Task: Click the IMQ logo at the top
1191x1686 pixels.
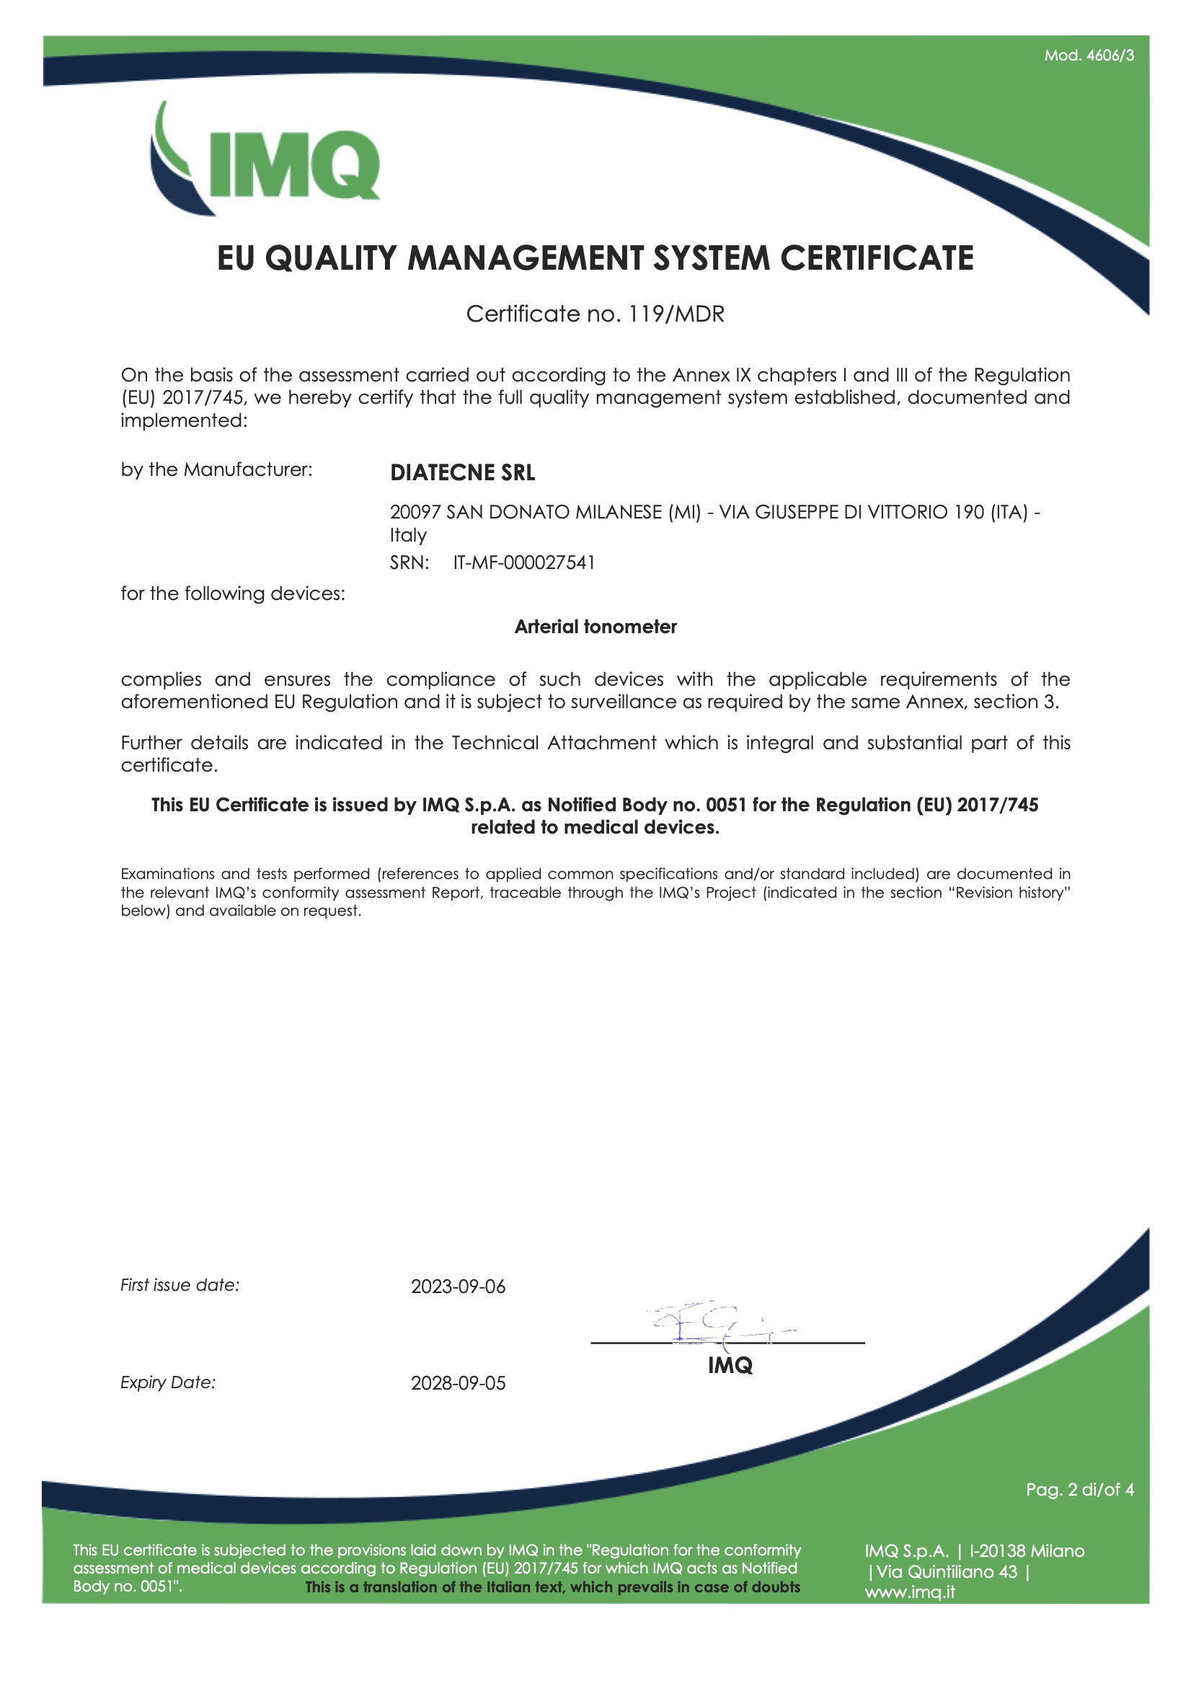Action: [266, 160]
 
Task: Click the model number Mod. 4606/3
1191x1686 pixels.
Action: [1088, 56]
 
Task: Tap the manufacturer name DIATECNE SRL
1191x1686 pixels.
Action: [462, 473]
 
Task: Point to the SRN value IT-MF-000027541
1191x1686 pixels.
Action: [523, 562]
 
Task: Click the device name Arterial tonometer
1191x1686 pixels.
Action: [595, 627]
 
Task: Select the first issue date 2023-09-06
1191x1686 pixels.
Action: [458, 1286]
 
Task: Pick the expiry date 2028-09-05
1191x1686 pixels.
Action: [458, 1382]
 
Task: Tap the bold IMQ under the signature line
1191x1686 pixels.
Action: [730, 1365]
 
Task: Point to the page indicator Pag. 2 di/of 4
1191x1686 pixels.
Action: [1079, 1489]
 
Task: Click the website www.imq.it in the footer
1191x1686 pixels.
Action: [909, 1592]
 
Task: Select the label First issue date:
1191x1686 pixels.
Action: [180, 1285]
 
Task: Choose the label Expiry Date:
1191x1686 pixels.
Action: [168, 1382]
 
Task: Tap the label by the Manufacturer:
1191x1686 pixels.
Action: [216, 470]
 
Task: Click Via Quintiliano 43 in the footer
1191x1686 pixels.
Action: [947, 1571]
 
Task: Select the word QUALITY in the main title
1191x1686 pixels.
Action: [329, 258]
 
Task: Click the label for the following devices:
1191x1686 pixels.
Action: [233, 593]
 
